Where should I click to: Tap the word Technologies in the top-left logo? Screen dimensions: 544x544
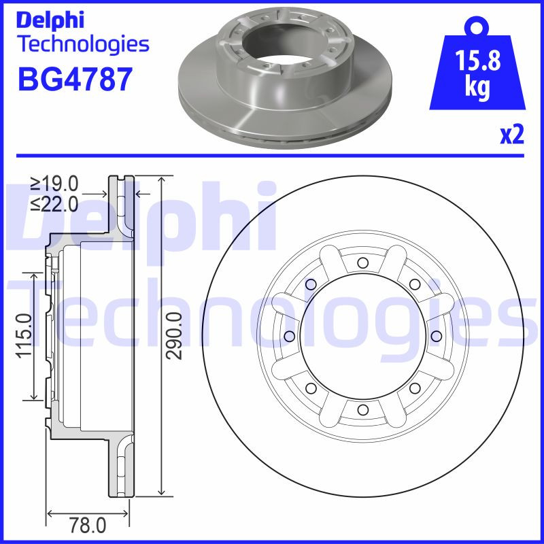pyautogui.click(x=82, y=45)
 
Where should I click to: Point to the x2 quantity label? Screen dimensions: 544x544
pyautogui.click(x=511, y=135)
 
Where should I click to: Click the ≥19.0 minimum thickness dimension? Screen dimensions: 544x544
pyautogui.click(x=55, y=183)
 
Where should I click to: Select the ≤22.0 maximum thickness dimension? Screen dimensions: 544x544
pyautogui.click(x=55, y=203)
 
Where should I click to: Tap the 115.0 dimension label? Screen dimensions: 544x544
pyautogui.click(x=24, y=336)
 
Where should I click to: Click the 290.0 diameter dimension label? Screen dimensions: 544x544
pyautogui.click(x=175, y=336)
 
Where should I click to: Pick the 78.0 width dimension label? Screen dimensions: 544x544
pyautogui.click(x=89, y=525)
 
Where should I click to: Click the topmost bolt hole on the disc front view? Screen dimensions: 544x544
pyautogui.click(x=362, y=263)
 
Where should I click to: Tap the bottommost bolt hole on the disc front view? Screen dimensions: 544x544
pyautogui.click(x=362, y=409)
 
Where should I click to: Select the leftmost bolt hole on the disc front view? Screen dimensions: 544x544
pyautogui.click(x=290, y=336)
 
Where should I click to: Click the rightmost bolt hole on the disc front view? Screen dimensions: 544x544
pyautogui.click(x=436, y=336)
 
